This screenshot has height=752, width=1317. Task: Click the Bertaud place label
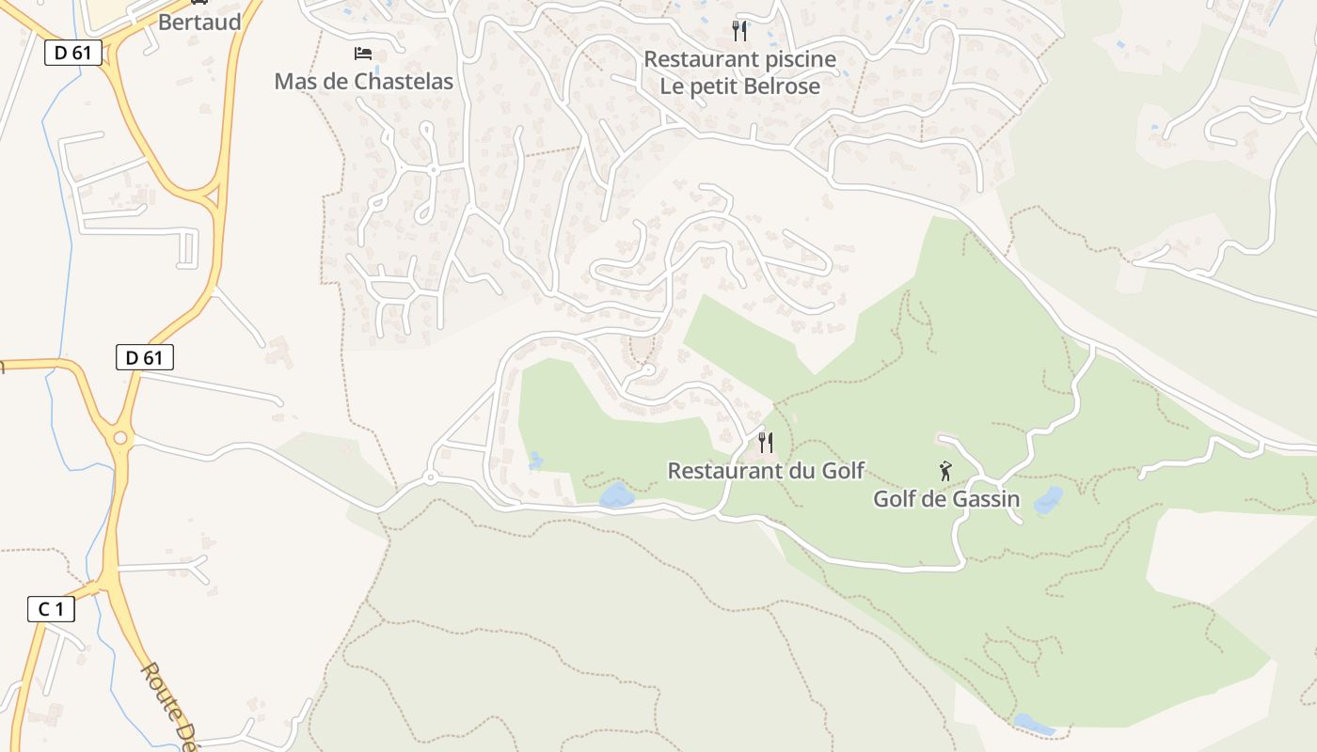199,22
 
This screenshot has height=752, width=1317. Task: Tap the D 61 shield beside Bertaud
73,53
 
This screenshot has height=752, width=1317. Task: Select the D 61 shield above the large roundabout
145,357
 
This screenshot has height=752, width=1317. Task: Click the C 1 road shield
51,609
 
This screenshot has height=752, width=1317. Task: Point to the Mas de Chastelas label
363,82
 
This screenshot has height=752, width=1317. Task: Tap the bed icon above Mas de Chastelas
363,54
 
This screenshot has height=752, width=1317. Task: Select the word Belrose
781,86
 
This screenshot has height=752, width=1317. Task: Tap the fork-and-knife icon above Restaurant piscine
739,31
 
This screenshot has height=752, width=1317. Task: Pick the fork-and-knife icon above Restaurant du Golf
766,442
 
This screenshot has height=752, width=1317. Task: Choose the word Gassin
986,499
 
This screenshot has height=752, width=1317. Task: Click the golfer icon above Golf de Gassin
945,471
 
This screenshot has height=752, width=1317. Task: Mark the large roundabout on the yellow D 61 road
120,438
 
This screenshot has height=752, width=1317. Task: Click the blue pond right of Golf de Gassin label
1048,500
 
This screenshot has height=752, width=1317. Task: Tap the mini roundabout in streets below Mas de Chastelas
433,170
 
